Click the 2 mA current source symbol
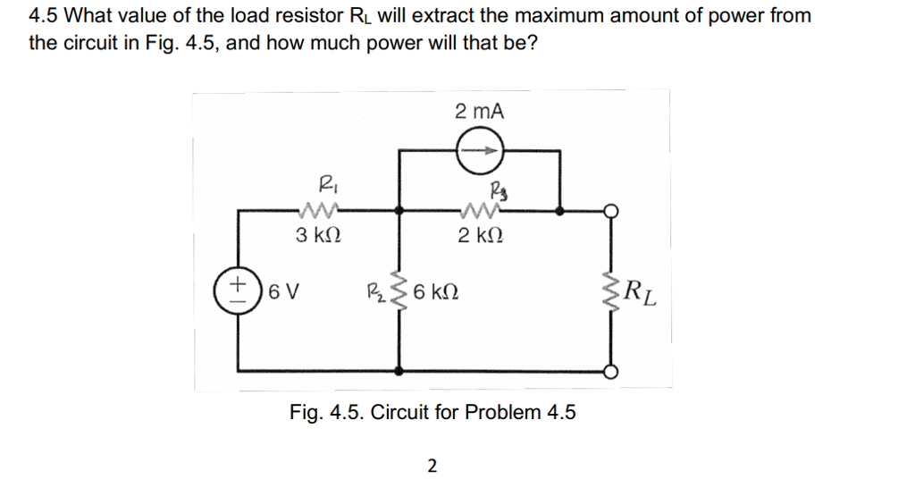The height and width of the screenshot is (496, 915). click(480, 152)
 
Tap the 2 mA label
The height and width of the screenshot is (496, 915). click(479, 112)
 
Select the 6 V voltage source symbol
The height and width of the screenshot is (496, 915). click(238, 292)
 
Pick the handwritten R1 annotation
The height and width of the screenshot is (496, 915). click(322, 185)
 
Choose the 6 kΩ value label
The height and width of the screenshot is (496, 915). click(438, 292)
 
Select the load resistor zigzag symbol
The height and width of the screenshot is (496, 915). click(613, 292)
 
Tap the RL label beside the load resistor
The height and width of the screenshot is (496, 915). click(642, 292)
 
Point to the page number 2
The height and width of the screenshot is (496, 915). click(432, 465)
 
